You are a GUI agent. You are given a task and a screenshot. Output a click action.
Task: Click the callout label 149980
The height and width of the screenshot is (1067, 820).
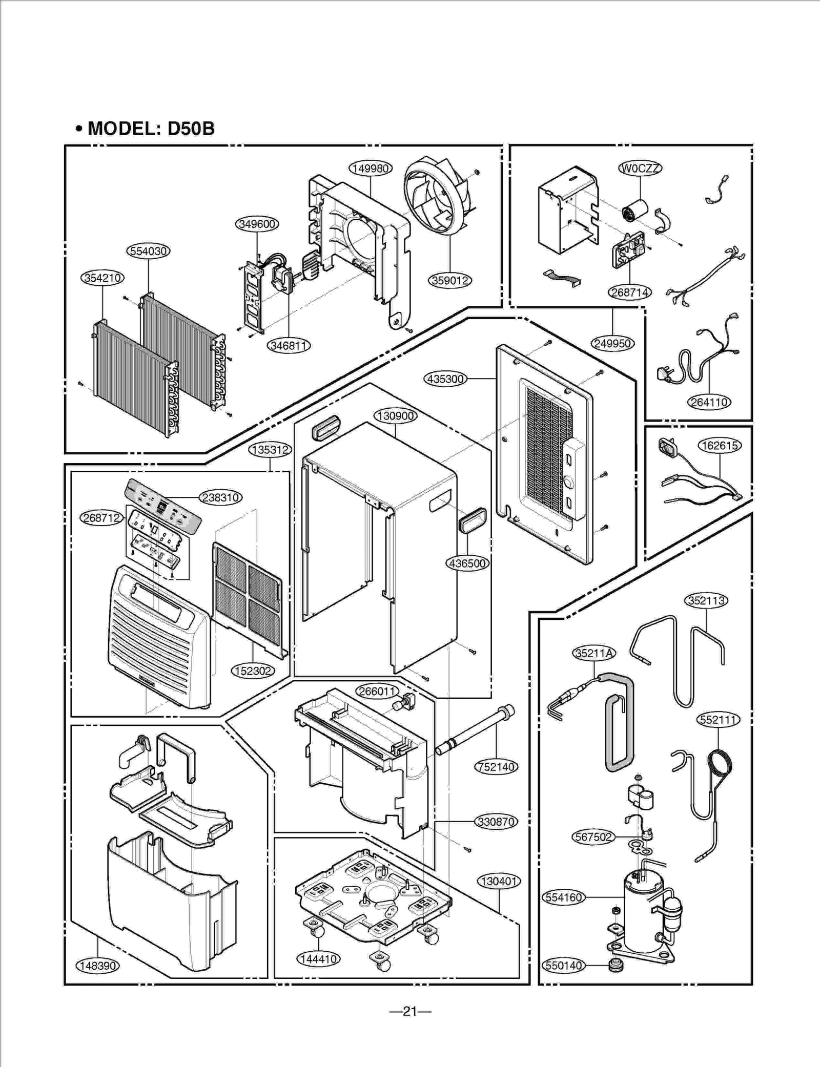tap(371, 168)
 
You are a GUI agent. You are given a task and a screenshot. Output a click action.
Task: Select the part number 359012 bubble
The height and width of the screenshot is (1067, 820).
tap(449, 280)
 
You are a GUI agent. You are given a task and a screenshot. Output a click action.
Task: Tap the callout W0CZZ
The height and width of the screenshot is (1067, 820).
tap(640, 168)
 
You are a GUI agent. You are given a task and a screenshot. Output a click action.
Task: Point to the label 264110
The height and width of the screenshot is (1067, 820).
tap(709, 402)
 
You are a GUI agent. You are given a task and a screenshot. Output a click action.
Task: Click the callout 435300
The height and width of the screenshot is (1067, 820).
tap(445, 379)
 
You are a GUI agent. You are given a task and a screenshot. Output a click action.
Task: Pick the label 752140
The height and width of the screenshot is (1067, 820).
tap(496, 767)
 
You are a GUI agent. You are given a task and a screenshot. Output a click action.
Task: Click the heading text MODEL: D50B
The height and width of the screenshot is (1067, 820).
tap(151, 128)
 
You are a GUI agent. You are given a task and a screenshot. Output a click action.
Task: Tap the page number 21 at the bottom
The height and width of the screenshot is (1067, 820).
tap(410, 1011)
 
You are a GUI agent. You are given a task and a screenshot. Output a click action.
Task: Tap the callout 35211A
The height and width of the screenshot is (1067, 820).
tap(593, 653)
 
